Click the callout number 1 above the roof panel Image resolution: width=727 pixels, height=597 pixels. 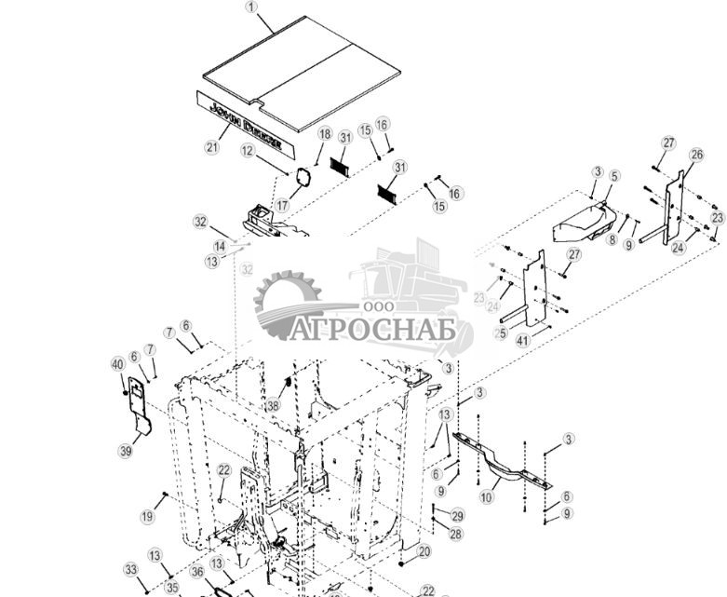pos(249,7)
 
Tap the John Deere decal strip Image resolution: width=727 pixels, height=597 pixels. pos(245,119)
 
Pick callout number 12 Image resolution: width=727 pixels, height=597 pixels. pos(248,150)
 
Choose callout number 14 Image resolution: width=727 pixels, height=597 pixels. pos(220,247)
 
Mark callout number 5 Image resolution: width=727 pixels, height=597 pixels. pos(613,175)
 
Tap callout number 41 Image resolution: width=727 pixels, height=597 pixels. pos(522,342)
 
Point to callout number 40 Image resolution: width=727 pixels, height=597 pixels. pos(117,363)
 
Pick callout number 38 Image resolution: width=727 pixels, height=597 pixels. pos(272,405)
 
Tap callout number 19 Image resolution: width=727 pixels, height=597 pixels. pos(147,516)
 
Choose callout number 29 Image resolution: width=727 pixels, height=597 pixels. pos(456,515)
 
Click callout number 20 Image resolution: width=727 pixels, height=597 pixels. pos(424,551)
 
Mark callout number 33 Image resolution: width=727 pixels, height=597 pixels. pos(131,570)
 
